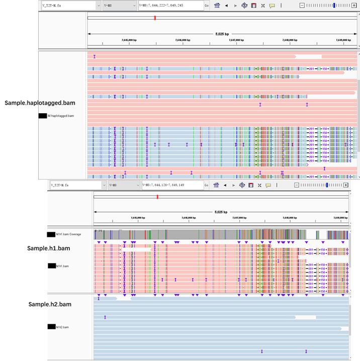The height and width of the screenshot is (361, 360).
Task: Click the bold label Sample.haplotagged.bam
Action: tap(40, 103)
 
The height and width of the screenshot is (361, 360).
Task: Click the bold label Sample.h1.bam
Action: tap(49, 248)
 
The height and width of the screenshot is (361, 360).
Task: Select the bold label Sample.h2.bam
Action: tap(50, 304)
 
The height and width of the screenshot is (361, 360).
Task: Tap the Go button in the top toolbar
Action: tap(207, 6)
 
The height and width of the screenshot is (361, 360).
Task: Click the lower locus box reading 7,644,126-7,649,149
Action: tap(171, 185)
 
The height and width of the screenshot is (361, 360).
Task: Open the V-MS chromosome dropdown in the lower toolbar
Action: tap(123, 185)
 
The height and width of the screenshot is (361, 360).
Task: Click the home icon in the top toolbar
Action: tap(217, 6)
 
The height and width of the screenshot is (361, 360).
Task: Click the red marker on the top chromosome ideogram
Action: tap(155, 18)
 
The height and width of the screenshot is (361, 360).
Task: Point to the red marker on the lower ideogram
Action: tap(157, 197)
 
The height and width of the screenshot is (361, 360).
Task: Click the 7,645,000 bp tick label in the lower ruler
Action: tap(137, 218)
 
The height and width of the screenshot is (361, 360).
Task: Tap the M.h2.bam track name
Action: tap(63, 327)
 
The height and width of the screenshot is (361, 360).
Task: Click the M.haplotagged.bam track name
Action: tap(60, 116)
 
